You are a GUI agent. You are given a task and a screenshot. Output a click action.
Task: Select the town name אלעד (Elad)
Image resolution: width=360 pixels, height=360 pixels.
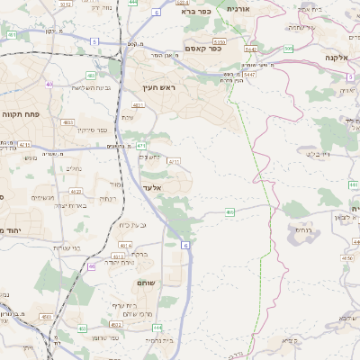point(152,188)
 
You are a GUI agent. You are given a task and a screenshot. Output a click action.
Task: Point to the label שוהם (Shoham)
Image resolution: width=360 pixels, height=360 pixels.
point(148,283)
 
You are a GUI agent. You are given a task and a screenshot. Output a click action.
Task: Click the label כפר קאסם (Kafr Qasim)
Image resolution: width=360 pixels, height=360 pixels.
point(204,49)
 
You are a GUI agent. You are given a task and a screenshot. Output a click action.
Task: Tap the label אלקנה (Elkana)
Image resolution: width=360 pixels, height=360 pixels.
point(343,57)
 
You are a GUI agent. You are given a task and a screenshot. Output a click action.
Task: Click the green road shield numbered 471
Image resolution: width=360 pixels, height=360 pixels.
point(141,146)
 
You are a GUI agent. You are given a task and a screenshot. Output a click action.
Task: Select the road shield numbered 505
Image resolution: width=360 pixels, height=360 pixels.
point(288,49)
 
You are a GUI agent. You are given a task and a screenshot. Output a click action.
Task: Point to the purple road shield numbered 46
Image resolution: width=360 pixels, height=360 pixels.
point(92,266)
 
